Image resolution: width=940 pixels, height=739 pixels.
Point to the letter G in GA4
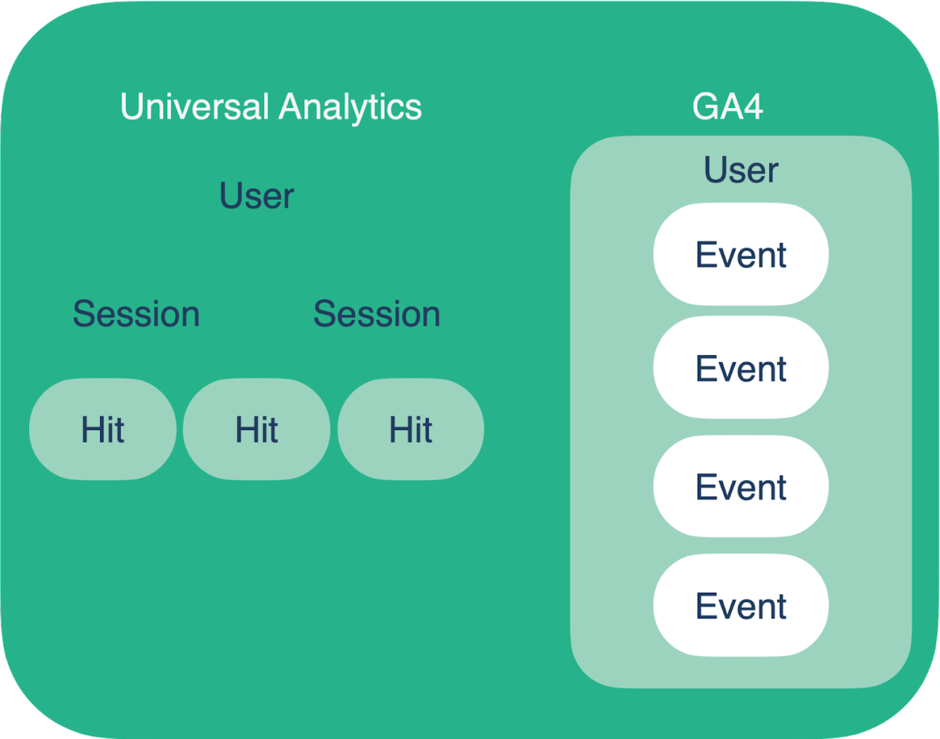[706, 106]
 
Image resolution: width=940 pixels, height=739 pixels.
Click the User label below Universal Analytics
[257, 196]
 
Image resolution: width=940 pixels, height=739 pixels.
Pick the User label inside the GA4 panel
[741, 170]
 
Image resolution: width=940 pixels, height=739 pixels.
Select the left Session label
[137, 313]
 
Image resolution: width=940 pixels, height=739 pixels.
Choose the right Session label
[377, 313]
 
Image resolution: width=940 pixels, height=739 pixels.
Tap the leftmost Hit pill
[102, 429]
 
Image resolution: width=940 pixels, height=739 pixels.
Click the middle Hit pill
[257, 429]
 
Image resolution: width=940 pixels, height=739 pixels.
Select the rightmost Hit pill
[411, 429]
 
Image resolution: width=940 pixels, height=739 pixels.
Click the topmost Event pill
[741, 254]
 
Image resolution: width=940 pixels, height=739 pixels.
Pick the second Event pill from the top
[741, 368]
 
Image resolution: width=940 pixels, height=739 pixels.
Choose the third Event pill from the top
[741, 486]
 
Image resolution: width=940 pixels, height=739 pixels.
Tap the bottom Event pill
[741, 605]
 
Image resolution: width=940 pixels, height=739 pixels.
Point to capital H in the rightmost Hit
[400, 429]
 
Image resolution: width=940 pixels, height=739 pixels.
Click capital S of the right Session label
[325, 313]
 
